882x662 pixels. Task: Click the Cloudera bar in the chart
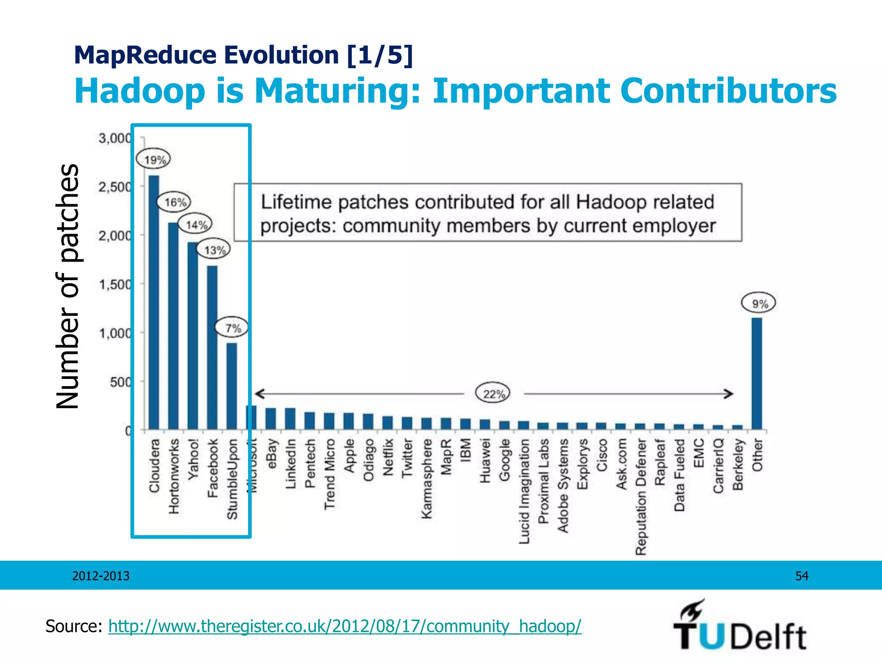coord(154,302)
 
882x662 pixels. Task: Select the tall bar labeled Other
coord(757,373)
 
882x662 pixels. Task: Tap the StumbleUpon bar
coord(232,386)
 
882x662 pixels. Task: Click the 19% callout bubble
coord(153,160)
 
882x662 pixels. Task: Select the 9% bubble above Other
coord(758,303)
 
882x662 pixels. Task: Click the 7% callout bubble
coord(232,328)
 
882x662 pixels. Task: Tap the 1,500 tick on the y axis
coord(115,284)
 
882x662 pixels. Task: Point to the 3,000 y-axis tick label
coord(114,138)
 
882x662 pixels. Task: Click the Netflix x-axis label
coord(388,457)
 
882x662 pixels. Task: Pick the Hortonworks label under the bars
coord(174,476)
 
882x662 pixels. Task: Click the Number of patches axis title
coord(68,286)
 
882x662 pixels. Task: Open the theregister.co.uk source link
coord(345,626)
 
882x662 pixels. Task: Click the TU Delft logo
coord(739,627)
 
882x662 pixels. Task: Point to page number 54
coord(801,576)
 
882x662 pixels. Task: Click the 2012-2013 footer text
coord(101,576)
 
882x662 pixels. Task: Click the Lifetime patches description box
coord(488,212)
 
